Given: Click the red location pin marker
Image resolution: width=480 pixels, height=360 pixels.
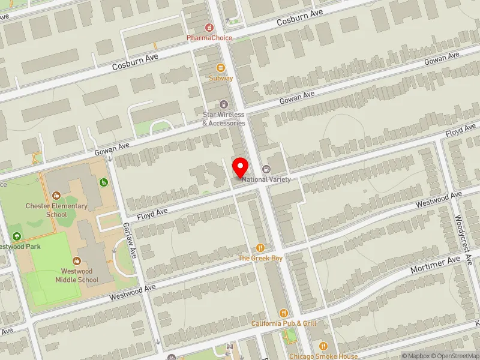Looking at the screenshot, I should point(241,167).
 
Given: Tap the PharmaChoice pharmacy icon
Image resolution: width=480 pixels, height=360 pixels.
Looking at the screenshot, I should point(209,27).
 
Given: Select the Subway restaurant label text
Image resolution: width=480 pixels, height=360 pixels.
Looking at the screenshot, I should point(221,78).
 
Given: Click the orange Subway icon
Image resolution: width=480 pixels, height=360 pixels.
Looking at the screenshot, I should point(221,67).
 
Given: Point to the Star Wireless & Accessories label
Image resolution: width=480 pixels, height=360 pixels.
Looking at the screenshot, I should point(223,119).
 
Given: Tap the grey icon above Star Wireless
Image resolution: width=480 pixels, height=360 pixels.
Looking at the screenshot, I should point(224,104).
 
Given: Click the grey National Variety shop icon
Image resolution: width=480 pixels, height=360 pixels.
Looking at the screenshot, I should point(266,169).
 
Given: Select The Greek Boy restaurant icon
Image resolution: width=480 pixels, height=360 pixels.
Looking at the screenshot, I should point(260,247).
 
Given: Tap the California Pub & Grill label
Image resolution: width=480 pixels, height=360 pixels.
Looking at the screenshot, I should point(284,323).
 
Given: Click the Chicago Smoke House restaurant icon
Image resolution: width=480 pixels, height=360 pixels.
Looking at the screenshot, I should point(323,346).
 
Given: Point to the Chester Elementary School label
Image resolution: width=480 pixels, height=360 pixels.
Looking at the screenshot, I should point(56,210).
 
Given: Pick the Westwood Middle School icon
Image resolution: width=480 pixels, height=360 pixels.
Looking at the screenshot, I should point(77,261).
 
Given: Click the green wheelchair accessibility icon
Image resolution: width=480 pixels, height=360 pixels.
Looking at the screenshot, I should point(103,182).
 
